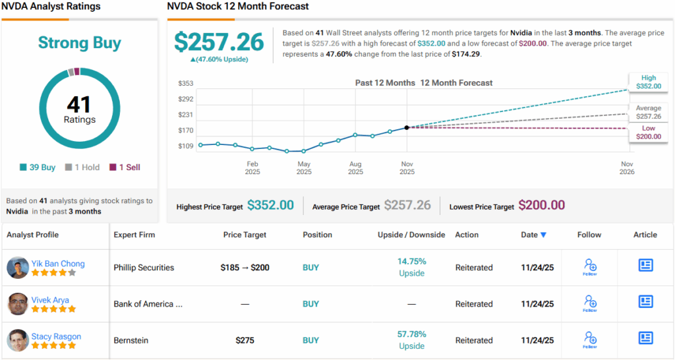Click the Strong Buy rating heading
(80, 44)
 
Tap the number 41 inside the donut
(80, 104)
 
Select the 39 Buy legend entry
(38, 167)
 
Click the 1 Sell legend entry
(125, 167)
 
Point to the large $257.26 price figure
(219, 42)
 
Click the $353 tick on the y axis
(185, 84)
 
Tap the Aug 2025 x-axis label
(355, 167)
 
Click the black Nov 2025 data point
(407, 127)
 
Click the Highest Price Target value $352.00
(270, 206)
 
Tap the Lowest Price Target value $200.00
(541, 206)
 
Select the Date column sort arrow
(543, 235)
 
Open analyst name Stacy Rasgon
(56, 336)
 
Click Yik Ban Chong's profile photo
(18, 268)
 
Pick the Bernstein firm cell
(131, 340)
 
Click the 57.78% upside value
(411, 334)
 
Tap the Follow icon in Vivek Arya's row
(590, 303)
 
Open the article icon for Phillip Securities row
(645, 265)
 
